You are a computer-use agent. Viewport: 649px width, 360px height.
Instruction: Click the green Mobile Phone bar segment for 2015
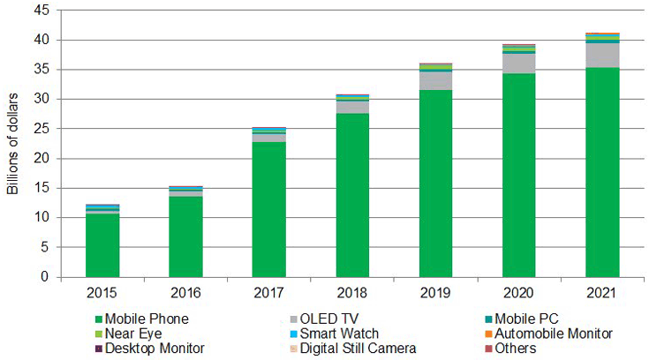(102, 245)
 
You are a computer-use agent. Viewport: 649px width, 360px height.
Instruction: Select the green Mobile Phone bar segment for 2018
(352, 195)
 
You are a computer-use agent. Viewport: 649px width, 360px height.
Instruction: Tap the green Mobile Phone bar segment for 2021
(602, 172)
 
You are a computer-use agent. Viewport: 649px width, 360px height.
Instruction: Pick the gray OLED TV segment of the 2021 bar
(602, 55)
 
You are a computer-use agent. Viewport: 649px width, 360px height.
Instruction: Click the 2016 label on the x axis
(185, 292)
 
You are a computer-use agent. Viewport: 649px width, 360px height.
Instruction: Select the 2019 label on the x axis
(435, 292)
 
